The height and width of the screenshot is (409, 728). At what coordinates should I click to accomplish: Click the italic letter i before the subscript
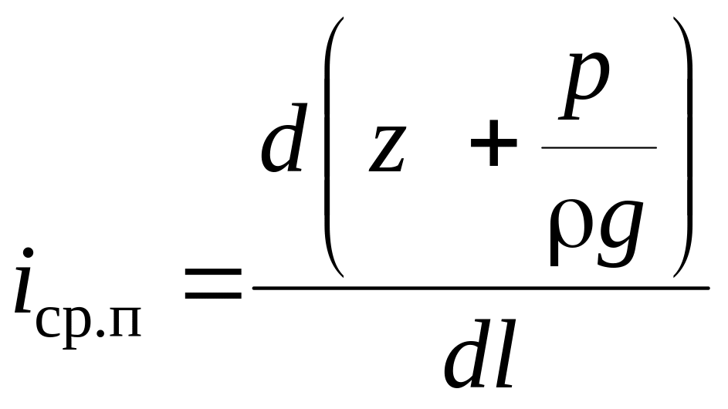(x=24, y=289)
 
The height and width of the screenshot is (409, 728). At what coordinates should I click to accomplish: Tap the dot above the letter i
(x=29, y=253)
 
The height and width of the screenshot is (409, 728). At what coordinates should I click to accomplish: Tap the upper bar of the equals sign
(x=213, y=274)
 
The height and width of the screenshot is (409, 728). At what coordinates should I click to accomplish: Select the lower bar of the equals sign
(x=213, y=296)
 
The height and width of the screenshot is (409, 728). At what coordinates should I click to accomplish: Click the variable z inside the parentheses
(x=388, y=150)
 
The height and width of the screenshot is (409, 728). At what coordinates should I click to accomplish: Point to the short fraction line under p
(x=599, y=147)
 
